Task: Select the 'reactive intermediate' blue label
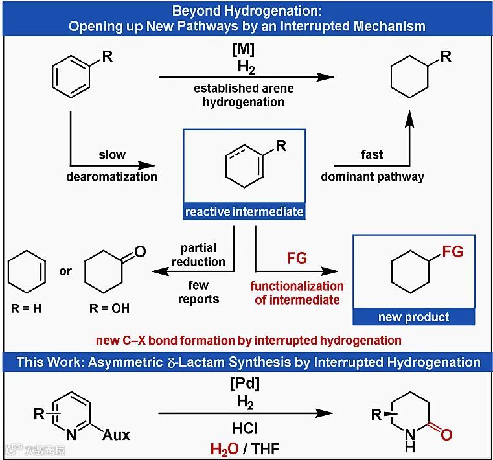(x=244, y=212)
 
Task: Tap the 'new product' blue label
(x=413, y=317)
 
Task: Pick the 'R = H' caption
(x=26, y=308)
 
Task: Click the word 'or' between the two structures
(x=65, y=271)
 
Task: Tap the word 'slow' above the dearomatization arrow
(x=112, y=155)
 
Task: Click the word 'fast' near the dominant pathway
(x=372, y=155)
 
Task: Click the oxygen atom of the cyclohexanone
(x=140, y=251)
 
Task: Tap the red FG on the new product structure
(x=453, y=251)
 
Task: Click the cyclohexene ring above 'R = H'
(x=26, y=273)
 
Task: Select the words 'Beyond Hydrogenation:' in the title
(x=246, y=11)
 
